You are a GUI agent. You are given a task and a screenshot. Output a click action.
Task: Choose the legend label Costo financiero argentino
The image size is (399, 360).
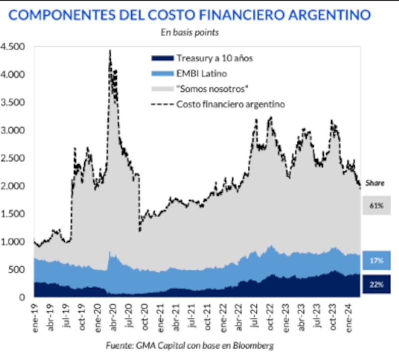(230, 105)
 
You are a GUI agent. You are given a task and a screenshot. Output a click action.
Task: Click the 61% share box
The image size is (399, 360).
(377, 205)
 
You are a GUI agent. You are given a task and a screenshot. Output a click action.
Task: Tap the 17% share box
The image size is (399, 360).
(377, 260)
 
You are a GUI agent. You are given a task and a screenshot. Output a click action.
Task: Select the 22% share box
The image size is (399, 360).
(377, 284)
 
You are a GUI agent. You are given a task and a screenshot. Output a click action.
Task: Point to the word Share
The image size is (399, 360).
(375, 183)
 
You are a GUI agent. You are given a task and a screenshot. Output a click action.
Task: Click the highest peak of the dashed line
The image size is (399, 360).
(110, 50)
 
